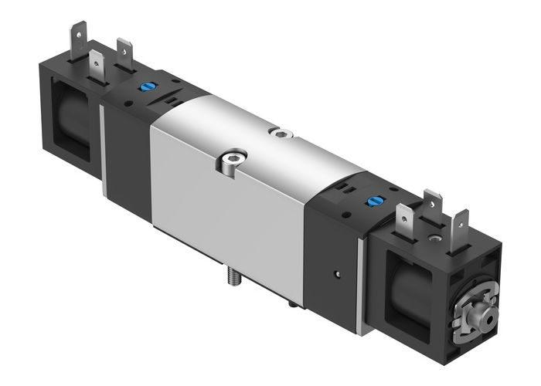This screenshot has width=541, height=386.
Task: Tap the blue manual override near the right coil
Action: (373, 203)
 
